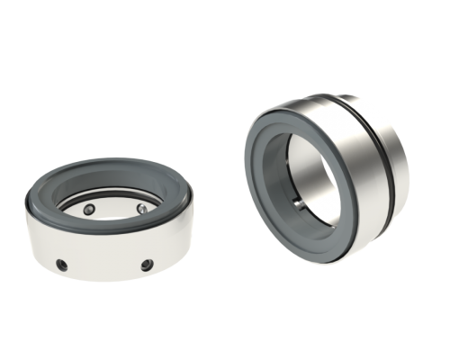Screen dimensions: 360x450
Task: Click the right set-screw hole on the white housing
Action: (146, 266)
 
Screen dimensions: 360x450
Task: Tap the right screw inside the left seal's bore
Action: (142, 208)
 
